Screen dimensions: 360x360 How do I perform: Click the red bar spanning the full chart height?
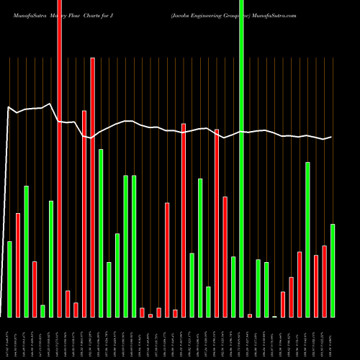pyautogui.click(x=60, y=158)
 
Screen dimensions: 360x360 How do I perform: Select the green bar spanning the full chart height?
pyautogui.click(x=242, y=158)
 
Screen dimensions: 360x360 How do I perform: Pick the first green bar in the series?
pyautogui.click(x=10, y=279)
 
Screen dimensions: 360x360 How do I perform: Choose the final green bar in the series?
pyautogui.click(x=333, y=271)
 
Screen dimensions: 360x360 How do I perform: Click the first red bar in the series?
pyautogui.click(x=18, y=265)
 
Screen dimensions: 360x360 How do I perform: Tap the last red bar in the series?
pyautogui.click(x=325, y=282)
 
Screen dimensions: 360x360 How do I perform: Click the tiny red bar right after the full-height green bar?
pyautogui.click(x=250, y=315)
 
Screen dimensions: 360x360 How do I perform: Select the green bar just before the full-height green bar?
pyautogui.click(x=233, y=287)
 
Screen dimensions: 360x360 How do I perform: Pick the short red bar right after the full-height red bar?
pyautogui.click(x=68, y=304)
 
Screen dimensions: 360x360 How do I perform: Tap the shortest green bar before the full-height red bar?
pyautogui.click(x=43, y=311)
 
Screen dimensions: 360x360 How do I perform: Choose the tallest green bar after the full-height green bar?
pyautogui.click(x=308, y=240)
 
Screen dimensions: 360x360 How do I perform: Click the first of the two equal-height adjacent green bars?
pyautogui.click(x=126, y=246)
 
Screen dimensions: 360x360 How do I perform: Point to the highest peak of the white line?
pyautogui.click(x=48, y=104)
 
